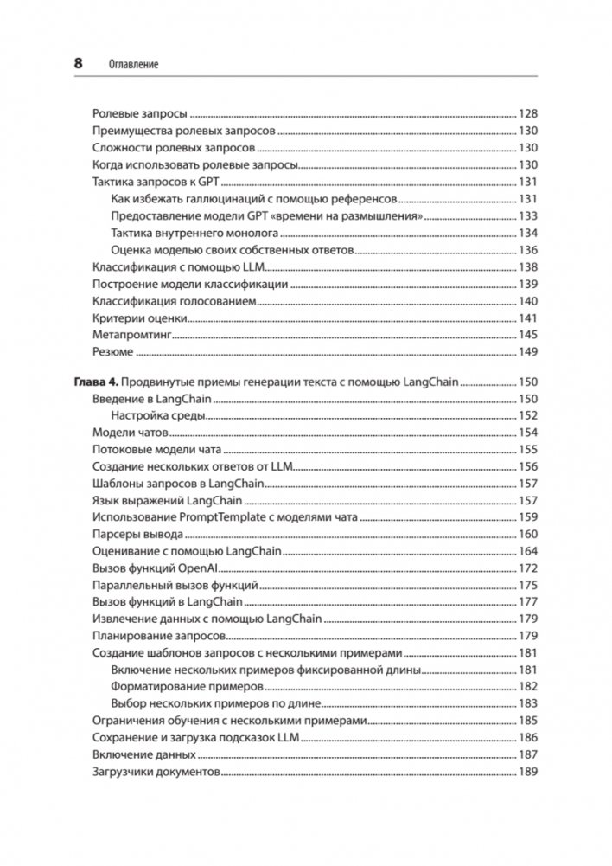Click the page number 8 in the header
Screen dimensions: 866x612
click(x=79, y=63)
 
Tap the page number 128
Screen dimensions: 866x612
click(x=528, y=113)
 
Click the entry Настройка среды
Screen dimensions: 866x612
click(x=158, y=415)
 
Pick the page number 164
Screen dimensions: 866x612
click(x=528, y=551)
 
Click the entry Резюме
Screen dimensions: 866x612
click(x=112, y=351)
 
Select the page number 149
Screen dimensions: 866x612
click(x=528, y=351)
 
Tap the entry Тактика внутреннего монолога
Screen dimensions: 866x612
click(x=194, y=233)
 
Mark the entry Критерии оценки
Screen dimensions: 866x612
click(x=137, y=318)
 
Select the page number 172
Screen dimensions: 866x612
click(x=528, y=568)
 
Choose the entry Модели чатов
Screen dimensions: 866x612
click(x=131, y=433)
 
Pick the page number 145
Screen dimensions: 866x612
click(x=528, y=334)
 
